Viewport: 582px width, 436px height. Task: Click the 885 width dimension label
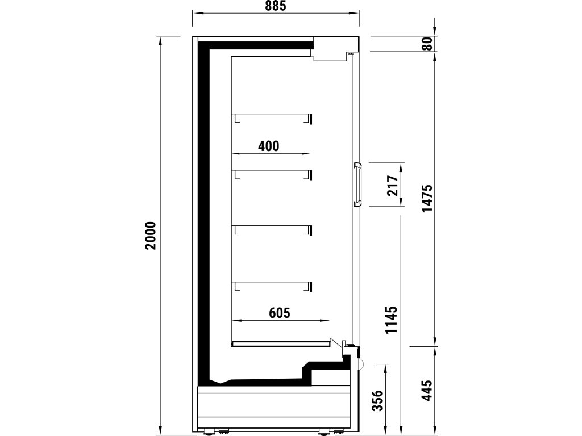(x=276, y=5)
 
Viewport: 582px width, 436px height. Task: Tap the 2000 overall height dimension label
(x=150, y=236)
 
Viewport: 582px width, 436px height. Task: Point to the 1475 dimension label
(x=427, y=198)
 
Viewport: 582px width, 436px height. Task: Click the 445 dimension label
(x=427, y=389)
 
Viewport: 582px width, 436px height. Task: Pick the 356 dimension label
(x=377, y=400)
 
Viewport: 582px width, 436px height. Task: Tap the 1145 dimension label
(x=392, y=320)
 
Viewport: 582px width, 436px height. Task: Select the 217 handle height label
(x=393, y=186)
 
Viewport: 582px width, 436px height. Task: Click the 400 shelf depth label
(x=269, y=146)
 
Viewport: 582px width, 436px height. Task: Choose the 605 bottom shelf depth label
(x=280, y=313)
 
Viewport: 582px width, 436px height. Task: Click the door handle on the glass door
(x=358, y=185)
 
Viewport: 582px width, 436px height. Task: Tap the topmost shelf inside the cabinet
(x=272, y=115)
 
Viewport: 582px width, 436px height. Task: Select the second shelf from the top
(x=272, y=171)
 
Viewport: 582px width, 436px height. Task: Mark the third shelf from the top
(x=272, y=227)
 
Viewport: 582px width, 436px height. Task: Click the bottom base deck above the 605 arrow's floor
(x=281, y=343)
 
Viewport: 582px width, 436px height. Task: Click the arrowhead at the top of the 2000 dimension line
(x=160, y=41)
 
